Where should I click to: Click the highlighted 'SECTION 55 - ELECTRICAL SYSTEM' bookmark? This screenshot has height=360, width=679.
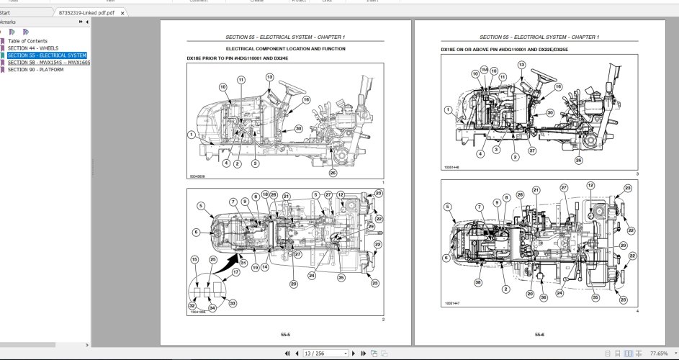tap(47, 55)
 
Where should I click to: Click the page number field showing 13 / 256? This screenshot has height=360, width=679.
tap(325, 354)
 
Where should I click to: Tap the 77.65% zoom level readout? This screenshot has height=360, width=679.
tap(658, 354)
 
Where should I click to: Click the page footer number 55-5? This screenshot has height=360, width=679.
tap(286, 335)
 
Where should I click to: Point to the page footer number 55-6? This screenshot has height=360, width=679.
tap(539, 335)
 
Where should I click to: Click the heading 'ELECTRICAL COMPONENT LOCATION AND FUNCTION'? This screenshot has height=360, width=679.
tap(286, 48)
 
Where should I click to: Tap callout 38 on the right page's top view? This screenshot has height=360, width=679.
tap(478, 283)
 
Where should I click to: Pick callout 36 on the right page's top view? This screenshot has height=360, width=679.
tap(543, 297)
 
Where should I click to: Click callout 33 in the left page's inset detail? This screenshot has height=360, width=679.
tap(232, 304)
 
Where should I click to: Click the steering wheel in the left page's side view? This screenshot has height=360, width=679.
tap(291, 89)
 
